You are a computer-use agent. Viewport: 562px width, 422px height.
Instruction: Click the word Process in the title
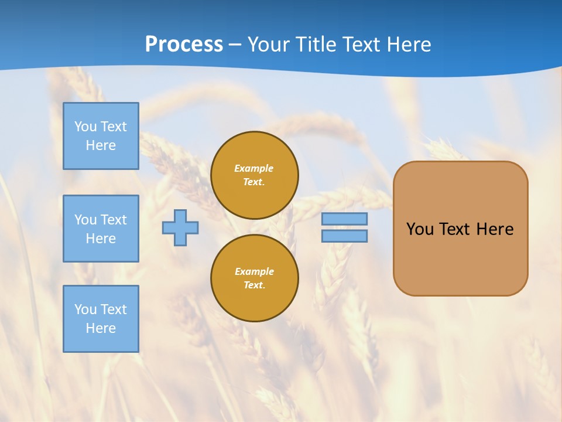tap(184, 45)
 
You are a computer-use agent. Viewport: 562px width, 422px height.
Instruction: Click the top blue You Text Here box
tap(101, 136)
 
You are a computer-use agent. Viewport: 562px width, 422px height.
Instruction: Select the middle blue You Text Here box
tap(101, 229)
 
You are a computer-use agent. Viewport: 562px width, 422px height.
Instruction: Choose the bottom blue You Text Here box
tap(101, 319)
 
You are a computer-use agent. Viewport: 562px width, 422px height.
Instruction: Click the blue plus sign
tap(180, 228)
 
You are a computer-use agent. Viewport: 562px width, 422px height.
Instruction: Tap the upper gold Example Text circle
tap(255, 175)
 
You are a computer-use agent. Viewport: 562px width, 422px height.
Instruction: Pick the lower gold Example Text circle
tap(255, 278)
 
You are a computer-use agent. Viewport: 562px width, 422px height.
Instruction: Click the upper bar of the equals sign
tap(344, 219)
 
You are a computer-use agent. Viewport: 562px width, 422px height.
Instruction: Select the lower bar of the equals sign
tap(344, 236)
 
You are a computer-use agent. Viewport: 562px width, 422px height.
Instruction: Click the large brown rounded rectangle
tap(460, 258)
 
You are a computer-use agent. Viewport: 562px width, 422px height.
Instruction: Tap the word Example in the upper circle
tap(254, 168)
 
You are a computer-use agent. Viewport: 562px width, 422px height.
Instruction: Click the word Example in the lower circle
tap(254, 271)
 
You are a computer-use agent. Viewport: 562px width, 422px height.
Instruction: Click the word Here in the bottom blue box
tap(101, 328)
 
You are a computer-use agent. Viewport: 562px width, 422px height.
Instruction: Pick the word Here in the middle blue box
tap(101, 239)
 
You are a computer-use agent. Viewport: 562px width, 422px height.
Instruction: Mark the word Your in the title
tap(268, 45)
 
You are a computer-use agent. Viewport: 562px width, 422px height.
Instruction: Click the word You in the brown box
tap(420, 229)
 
